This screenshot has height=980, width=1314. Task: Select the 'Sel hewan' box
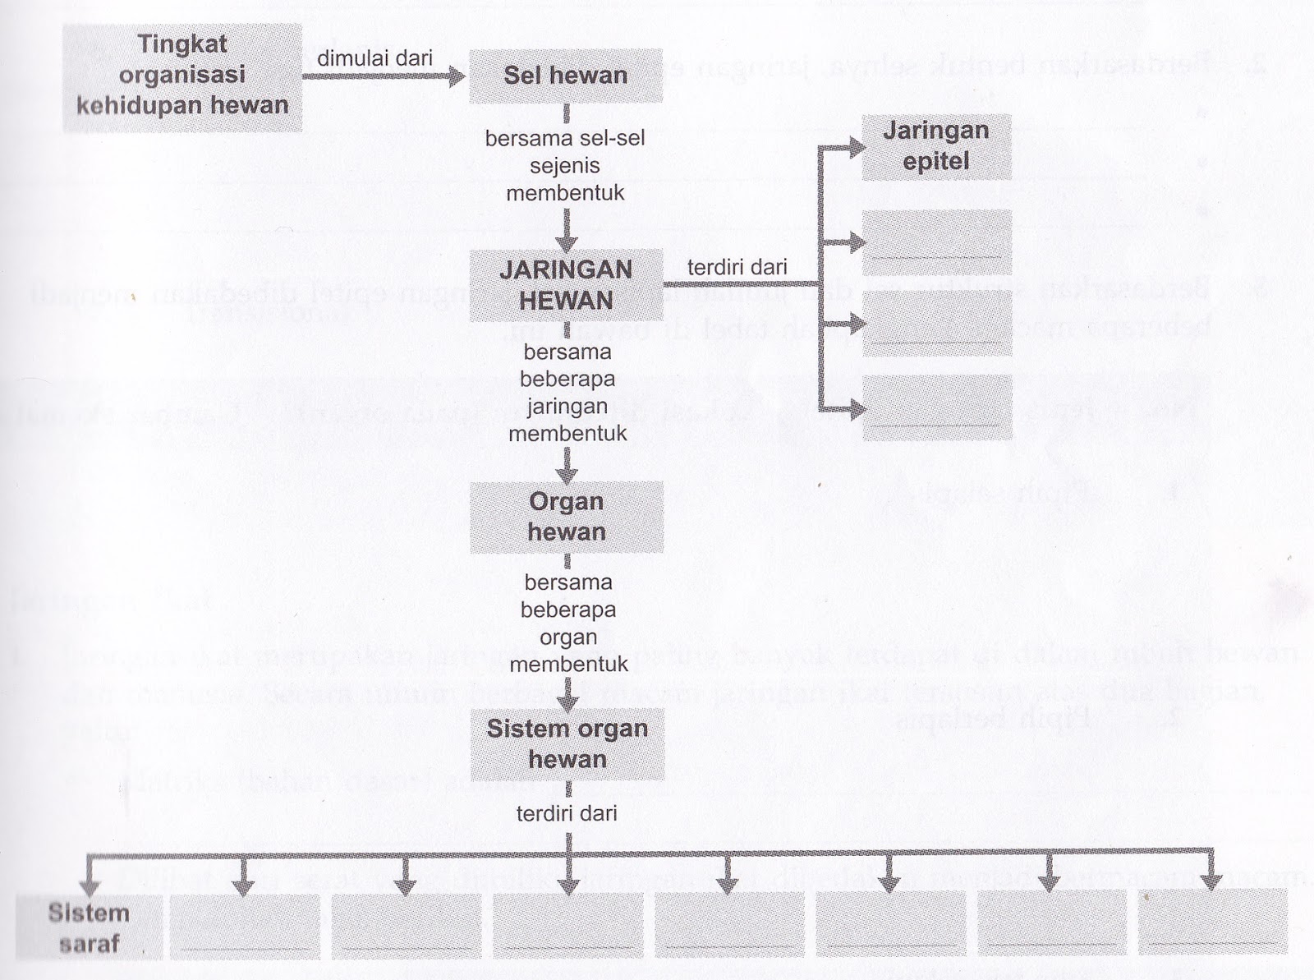coord(566,76)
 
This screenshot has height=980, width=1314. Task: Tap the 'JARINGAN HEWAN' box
coord(566,284)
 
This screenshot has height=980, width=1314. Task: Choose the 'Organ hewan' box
coord(567,517)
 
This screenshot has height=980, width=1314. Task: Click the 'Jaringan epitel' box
coord(936,146)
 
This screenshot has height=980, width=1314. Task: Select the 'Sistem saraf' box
coord(89,927)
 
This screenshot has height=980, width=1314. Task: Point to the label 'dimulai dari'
coord(374,58)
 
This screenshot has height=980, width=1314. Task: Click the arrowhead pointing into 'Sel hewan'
coord(456,77)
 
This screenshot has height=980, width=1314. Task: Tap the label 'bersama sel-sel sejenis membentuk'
coord(565,165)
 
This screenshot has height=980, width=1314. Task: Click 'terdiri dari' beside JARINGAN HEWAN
coord(737,266)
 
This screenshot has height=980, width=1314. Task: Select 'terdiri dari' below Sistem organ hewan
coord(567,813)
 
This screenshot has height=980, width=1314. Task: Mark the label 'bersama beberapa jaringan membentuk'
coord(567,392)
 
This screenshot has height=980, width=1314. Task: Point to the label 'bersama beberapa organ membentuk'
coord(568,623)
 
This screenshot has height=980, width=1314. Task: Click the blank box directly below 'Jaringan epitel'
coord(936,242)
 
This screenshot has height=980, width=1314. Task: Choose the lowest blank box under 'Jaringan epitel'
coord(936,407)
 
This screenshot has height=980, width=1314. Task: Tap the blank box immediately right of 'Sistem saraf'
coord(244,927)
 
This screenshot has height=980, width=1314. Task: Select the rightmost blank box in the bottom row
coord(1212,927)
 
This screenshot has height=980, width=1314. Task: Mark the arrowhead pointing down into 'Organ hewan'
coord(567,474)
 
